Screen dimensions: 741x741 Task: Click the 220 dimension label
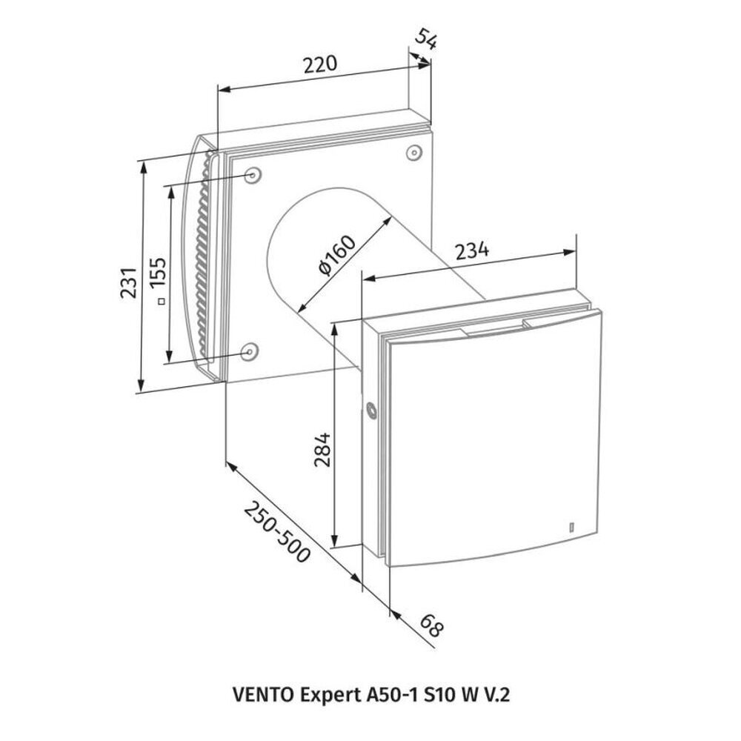pyautogui.click(x=320, y=64)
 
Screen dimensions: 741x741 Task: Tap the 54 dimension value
pyautogui.click(x=426, y=39)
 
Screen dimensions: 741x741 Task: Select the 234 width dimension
pyautogui.click(x=471, y=250)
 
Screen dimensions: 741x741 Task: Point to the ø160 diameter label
pyautogui.click(x=337, y=255)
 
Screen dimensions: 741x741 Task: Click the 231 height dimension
pyautogui.click(x=128, y=282)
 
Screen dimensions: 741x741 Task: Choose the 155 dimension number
pyautogui.click(x=158, y=273)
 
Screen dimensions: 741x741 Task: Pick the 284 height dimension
pyautogui.click(x=323, y=449)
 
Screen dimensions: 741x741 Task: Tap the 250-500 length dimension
pyautogui.click(x=277, y=532)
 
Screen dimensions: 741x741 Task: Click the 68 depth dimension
pyautogui.click(x=431, y=625)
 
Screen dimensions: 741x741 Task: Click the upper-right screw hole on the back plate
pyautogui.click(x=414, y=153)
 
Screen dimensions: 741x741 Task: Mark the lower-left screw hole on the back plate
pyautogui.click(x=248, y=351)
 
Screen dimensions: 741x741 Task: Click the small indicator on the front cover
pyautogui.click(x=571, y=527)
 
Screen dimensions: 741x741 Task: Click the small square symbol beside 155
pyautogui.click(x=162, y=300)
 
